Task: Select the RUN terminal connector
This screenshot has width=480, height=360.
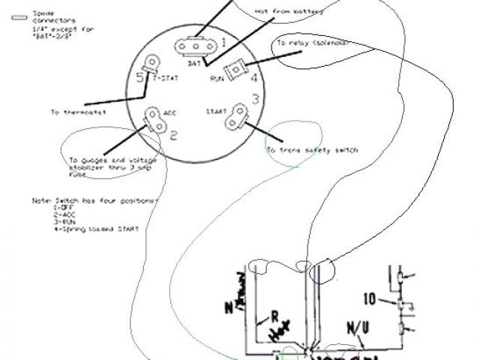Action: pos(237,70)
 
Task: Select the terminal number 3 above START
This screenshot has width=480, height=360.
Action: pos(254,98)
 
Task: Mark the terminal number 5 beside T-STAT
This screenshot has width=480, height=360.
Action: pos(140,77)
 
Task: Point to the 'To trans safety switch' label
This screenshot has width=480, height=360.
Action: pos(312,151)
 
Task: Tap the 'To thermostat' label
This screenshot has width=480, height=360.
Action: pos(78,112)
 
